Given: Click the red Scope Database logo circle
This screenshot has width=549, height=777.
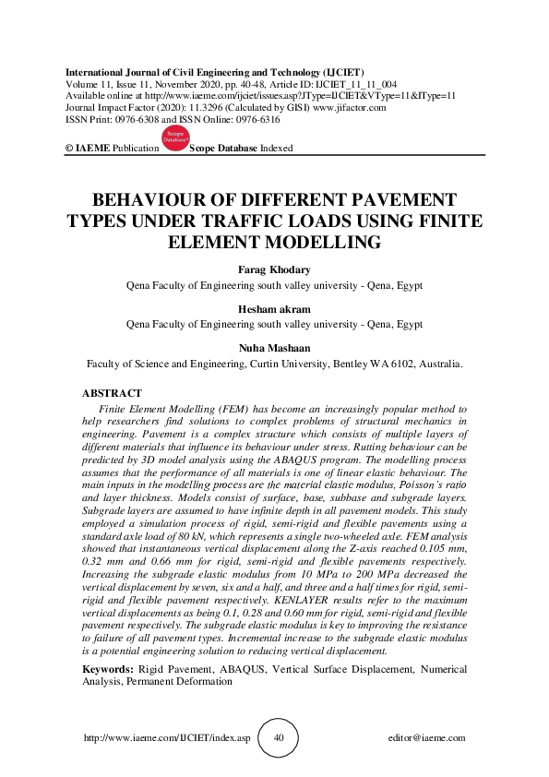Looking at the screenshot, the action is [x=174, y=137].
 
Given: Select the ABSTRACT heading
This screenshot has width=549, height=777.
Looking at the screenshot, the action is [x=113, y=393].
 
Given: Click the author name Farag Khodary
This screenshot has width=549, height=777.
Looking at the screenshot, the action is [x=274, y=270].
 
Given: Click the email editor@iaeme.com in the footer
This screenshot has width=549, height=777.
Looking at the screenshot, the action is [x=427, y=739].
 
